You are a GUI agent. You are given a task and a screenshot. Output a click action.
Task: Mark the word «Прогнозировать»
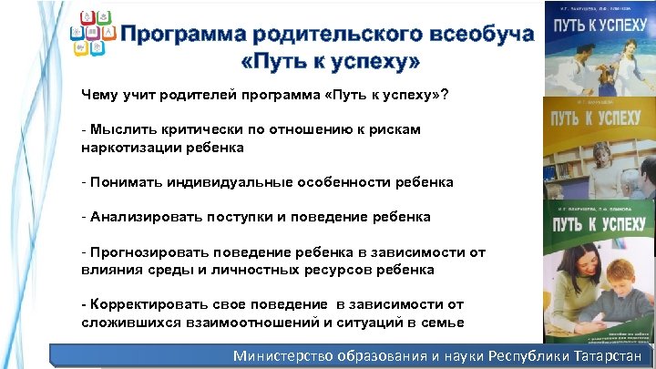pos(144,252)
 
